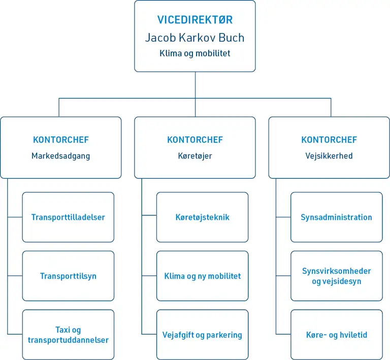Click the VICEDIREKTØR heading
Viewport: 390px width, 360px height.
point(195,20)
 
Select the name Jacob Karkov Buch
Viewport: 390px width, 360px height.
point(195,38)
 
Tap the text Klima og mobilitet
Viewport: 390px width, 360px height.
point(195,53)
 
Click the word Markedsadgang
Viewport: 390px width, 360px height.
point(60,156)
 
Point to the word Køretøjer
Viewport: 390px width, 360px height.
point(195,156)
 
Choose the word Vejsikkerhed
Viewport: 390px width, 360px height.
point(329,156)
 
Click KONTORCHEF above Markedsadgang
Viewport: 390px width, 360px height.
point(60,140)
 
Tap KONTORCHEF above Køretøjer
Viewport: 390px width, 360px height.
point(195,140)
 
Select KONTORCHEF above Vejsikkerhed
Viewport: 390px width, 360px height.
point(329,140)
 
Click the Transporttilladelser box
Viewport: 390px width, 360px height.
point(68,217)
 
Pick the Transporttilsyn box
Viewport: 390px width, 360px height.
point(68,276)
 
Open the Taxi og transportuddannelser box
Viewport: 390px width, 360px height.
point(68,335)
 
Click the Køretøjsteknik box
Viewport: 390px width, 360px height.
point(202,217)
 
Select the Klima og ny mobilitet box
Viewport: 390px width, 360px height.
point(202,276)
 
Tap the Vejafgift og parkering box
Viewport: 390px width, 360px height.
point(202,335)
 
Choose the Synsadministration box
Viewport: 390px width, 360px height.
point(336,217)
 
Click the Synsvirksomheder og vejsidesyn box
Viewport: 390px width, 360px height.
point(336,276)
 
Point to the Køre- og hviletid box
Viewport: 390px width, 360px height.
point(336,335)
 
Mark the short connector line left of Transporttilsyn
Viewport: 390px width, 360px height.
point(15,276)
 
